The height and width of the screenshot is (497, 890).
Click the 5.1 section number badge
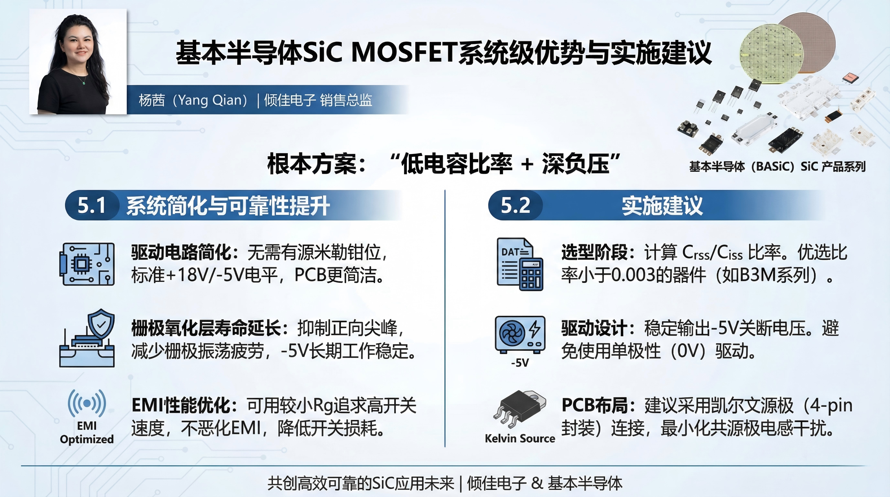92,205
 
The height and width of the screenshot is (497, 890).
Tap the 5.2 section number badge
516,205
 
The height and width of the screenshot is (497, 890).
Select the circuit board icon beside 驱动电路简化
87,264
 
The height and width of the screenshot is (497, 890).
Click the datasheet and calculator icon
520,264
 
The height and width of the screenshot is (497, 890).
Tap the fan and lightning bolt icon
520,334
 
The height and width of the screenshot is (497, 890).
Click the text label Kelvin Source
520,438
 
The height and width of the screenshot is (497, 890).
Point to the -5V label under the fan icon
520,362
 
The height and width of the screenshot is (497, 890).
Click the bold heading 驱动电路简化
181,252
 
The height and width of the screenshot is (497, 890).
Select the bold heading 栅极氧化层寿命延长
206,328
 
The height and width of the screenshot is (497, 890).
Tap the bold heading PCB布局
594,405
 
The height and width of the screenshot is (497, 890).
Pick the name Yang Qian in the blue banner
210,100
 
